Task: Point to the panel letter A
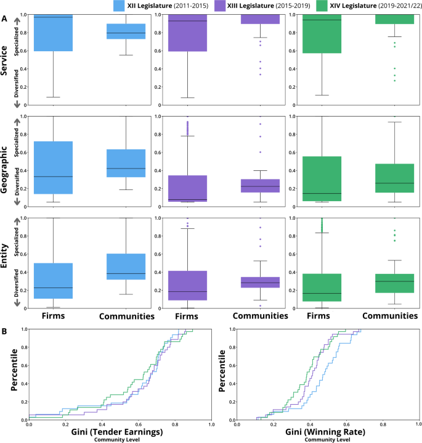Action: (x=4, y=19)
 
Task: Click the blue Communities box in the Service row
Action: (x=126, y=31)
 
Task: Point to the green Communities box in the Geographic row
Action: (x=394, y=178)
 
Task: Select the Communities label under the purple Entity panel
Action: (x=259, y=316)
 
